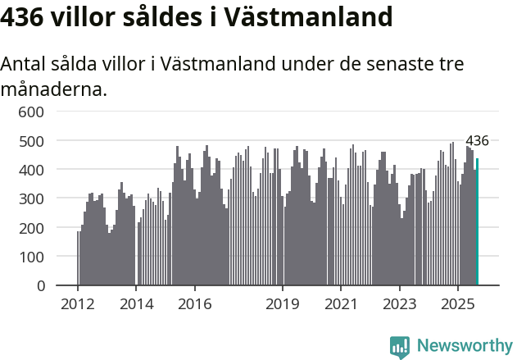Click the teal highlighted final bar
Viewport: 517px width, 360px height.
[478, 222]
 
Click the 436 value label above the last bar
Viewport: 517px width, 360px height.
[477, 141]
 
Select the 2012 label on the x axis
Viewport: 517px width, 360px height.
[78, 304]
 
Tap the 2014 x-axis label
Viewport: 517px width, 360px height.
[137, 304]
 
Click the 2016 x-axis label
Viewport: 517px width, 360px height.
[195, 304]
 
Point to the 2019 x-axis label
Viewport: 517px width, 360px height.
[283, 304]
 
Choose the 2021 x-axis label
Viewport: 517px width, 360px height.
[341, 304]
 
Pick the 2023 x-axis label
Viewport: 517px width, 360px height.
[400, 304]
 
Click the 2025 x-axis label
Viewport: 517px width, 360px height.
[458, 304]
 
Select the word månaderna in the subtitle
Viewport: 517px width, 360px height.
[53, 89]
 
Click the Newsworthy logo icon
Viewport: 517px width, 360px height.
[400, 347]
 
